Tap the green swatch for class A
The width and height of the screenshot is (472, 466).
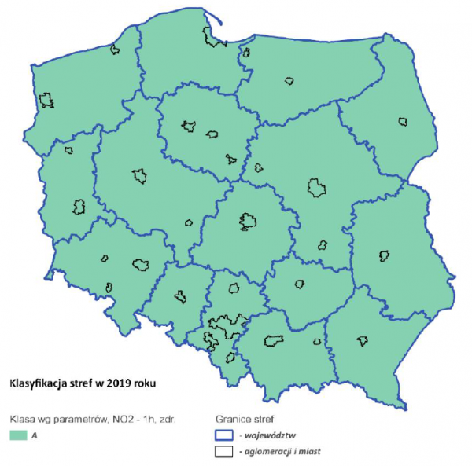[17, 433]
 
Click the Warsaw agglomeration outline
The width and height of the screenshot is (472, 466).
[317, 187]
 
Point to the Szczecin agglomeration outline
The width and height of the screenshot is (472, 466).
[48, 101]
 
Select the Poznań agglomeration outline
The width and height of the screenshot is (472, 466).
[140, 175]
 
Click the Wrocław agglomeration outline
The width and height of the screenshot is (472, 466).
[142, 264]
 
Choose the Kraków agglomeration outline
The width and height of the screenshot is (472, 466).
[274, 340]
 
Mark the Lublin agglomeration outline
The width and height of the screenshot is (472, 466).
[384, 255]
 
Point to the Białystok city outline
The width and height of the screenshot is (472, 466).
[403, 122]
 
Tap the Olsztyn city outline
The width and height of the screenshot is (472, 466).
[289, 80]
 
